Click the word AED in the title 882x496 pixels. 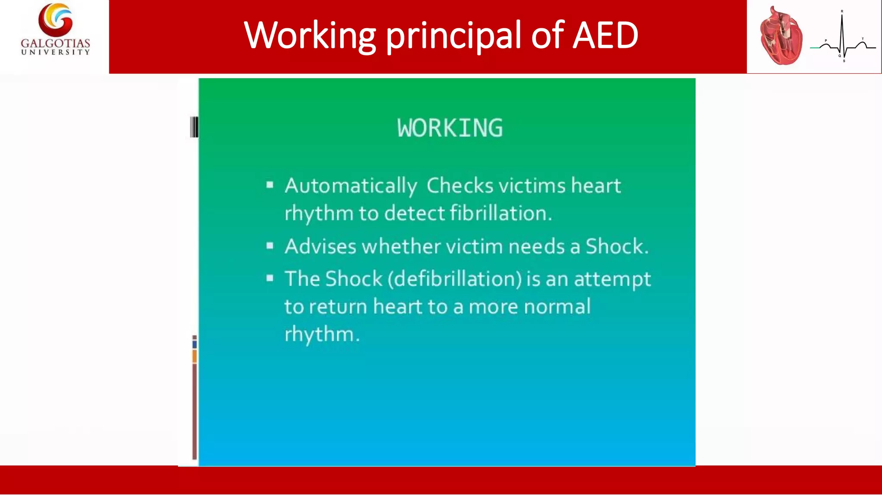(x=605, y=35)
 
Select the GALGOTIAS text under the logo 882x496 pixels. (x=56, y=43)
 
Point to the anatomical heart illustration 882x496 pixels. (x=781, y=37)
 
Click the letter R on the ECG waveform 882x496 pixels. (x=842, y=11)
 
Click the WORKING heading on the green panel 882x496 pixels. (x=450, y=128)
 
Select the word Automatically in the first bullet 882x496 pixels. (x=351, y=186)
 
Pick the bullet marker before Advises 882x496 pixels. (x=270, y=246)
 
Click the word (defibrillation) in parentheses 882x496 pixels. (x=455, y=279)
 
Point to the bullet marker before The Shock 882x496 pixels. (x=270, y=278)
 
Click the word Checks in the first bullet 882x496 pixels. (x=460, y=186)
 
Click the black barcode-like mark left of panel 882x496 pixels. (x=194, y=127)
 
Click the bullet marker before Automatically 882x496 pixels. (x=270, y=185)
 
